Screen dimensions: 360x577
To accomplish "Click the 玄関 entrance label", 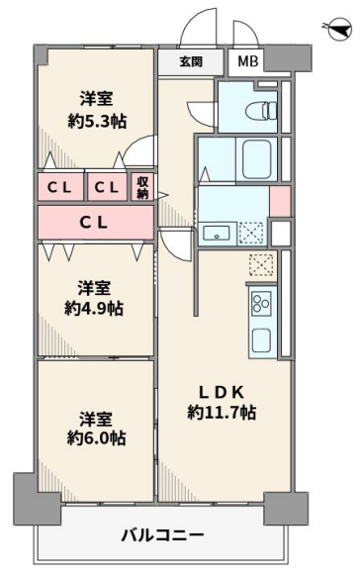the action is pos(191,61).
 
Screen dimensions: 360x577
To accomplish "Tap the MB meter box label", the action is pos(248,61).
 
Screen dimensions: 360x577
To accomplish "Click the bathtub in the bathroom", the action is pos(257,158).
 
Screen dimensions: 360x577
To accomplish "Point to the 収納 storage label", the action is pos(143,188).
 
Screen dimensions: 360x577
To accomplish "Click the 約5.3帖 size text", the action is pos(97,122).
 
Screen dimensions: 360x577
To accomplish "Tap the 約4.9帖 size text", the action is pos(94,309).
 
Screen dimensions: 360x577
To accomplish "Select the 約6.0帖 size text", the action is pos(96,437).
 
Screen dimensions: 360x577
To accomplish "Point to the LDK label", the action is pos(222,393).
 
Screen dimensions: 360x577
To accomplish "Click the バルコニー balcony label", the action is pos(162,535).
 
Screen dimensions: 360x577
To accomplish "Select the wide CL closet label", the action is pos(94,223).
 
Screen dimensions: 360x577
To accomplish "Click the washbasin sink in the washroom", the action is pos(217,233).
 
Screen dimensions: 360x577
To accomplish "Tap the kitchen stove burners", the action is pos(261,304).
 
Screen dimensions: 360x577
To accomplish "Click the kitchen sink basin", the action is pos(261,341).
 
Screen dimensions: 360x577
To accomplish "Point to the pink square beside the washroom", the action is pos(281,201).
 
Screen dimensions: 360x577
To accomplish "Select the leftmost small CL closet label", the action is pos(59,188).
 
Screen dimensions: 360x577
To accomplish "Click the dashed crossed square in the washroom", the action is pos(251,233).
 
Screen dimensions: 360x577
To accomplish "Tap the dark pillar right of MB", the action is pos(288,58).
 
